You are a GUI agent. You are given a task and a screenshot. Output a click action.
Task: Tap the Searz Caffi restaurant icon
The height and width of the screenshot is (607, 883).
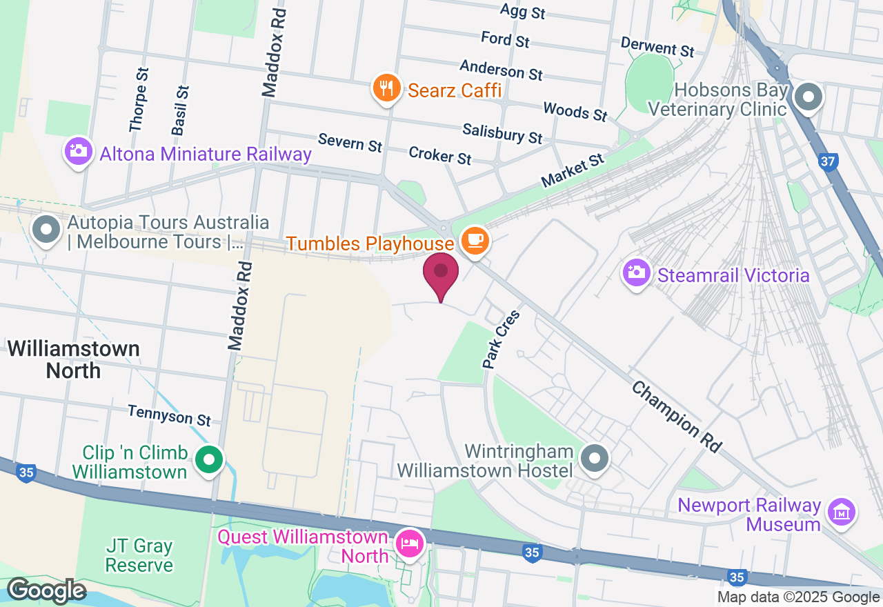(x=387, y=89)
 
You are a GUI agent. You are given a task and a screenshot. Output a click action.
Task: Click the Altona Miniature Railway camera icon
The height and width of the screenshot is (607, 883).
(x=79, y=151)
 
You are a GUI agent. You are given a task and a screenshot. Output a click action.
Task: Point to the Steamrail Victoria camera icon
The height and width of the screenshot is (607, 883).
(x=636, y=273)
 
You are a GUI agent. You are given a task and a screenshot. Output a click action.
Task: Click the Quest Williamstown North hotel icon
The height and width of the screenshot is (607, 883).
(x=410, y=544)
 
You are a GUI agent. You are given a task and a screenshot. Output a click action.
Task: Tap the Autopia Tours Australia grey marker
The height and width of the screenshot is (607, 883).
(x=47, y=230)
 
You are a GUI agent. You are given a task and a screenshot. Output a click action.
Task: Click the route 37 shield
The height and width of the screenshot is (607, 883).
(x=828, y=162)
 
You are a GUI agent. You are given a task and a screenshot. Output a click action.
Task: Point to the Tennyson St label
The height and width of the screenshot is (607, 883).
(x=169, y=415)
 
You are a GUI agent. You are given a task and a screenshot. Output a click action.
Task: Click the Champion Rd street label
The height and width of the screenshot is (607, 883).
(x=676, y=416)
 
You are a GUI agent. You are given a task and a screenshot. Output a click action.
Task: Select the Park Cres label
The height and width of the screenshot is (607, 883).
(x=501, y=339)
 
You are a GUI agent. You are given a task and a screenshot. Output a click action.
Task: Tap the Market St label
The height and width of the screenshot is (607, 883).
(x=572, y=170)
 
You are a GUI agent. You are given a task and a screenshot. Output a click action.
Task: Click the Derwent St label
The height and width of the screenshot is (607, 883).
(x=657, y=47)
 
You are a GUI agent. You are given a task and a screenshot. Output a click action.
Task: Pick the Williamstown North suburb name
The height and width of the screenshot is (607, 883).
(x=74, y=359)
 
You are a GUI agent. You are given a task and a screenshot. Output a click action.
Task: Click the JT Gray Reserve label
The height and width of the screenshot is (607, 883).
(x=139, y=556)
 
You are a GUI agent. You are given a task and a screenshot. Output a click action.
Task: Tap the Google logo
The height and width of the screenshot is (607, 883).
(x=46, y=591)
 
